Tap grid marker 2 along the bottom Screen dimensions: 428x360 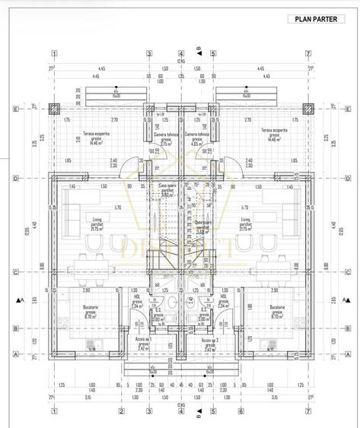tap(121, 412)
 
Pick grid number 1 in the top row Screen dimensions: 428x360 tap(54, 54)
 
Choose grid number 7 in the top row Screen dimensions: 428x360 tap(307, 54)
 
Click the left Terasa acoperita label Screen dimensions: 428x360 tap(96, 136)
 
